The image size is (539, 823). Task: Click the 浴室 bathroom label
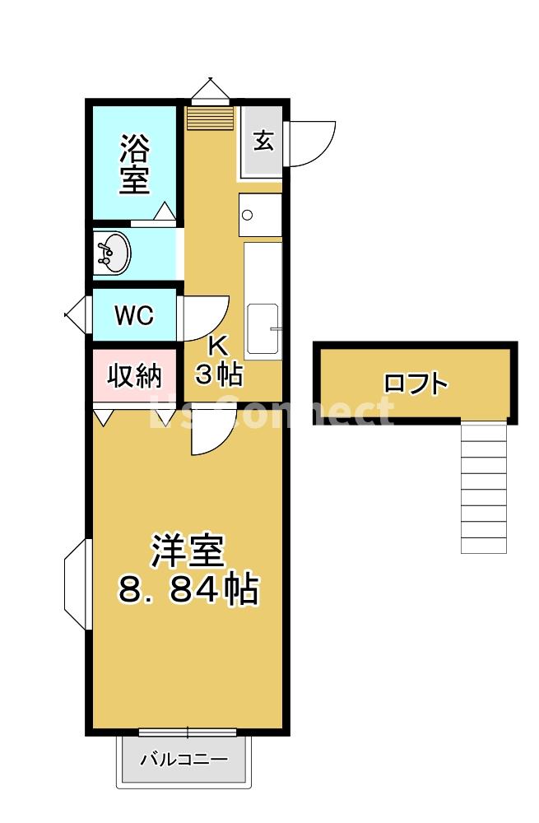135,164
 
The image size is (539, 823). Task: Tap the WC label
134,315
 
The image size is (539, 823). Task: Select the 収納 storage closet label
134,376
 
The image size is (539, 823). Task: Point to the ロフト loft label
416,384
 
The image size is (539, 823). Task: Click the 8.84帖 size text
189,589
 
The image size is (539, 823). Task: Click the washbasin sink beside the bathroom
113,252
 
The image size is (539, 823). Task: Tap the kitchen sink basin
263,330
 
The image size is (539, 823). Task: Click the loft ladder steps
483,486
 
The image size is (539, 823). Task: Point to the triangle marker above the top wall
211,87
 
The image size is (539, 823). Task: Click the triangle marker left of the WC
76,314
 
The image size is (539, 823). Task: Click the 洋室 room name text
188,551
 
